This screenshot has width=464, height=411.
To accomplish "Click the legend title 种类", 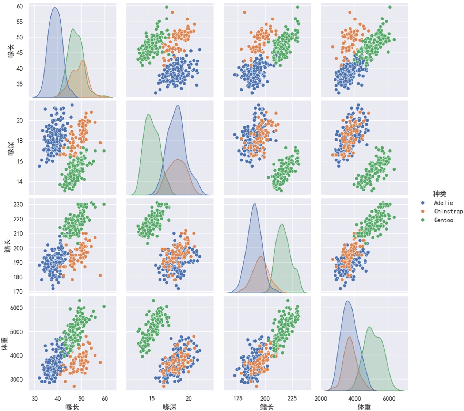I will click(439, 194).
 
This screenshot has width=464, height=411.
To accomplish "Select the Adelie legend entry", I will click(443, 203).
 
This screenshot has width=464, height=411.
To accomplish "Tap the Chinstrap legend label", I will click(448, 211).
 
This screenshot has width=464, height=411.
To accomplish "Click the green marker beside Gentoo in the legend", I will click(423, 220).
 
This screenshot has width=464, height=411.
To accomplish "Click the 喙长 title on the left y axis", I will click(11, 51).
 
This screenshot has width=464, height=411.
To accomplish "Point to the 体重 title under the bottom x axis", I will click(364, 407).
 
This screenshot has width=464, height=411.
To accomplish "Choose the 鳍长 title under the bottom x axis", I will click(267, 407).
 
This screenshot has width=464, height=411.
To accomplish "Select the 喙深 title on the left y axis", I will click(11, 148).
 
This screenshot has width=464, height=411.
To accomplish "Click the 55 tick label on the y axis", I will click(19, 22).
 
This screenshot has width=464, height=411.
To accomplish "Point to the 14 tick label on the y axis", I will click(19, 182).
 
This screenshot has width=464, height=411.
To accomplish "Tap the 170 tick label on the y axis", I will click(18, 292).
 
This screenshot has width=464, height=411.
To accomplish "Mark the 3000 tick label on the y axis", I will click(16, 379).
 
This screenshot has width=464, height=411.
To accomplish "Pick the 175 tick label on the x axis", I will click(238, 399).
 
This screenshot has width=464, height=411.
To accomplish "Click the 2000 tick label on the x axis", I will click(321, 399).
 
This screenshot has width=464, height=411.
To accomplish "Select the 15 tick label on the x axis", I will click(152, 399).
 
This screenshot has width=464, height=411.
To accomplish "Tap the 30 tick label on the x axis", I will click(34, 399).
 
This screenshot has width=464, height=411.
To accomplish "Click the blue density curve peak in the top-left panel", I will click(54, 8).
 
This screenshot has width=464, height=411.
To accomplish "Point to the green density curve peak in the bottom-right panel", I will click(369, 327).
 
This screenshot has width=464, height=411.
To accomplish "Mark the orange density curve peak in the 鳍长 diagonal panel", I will click(260, 256).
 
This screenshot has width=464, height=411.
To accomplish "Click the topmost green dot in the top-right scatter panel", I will click(390, 7).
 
